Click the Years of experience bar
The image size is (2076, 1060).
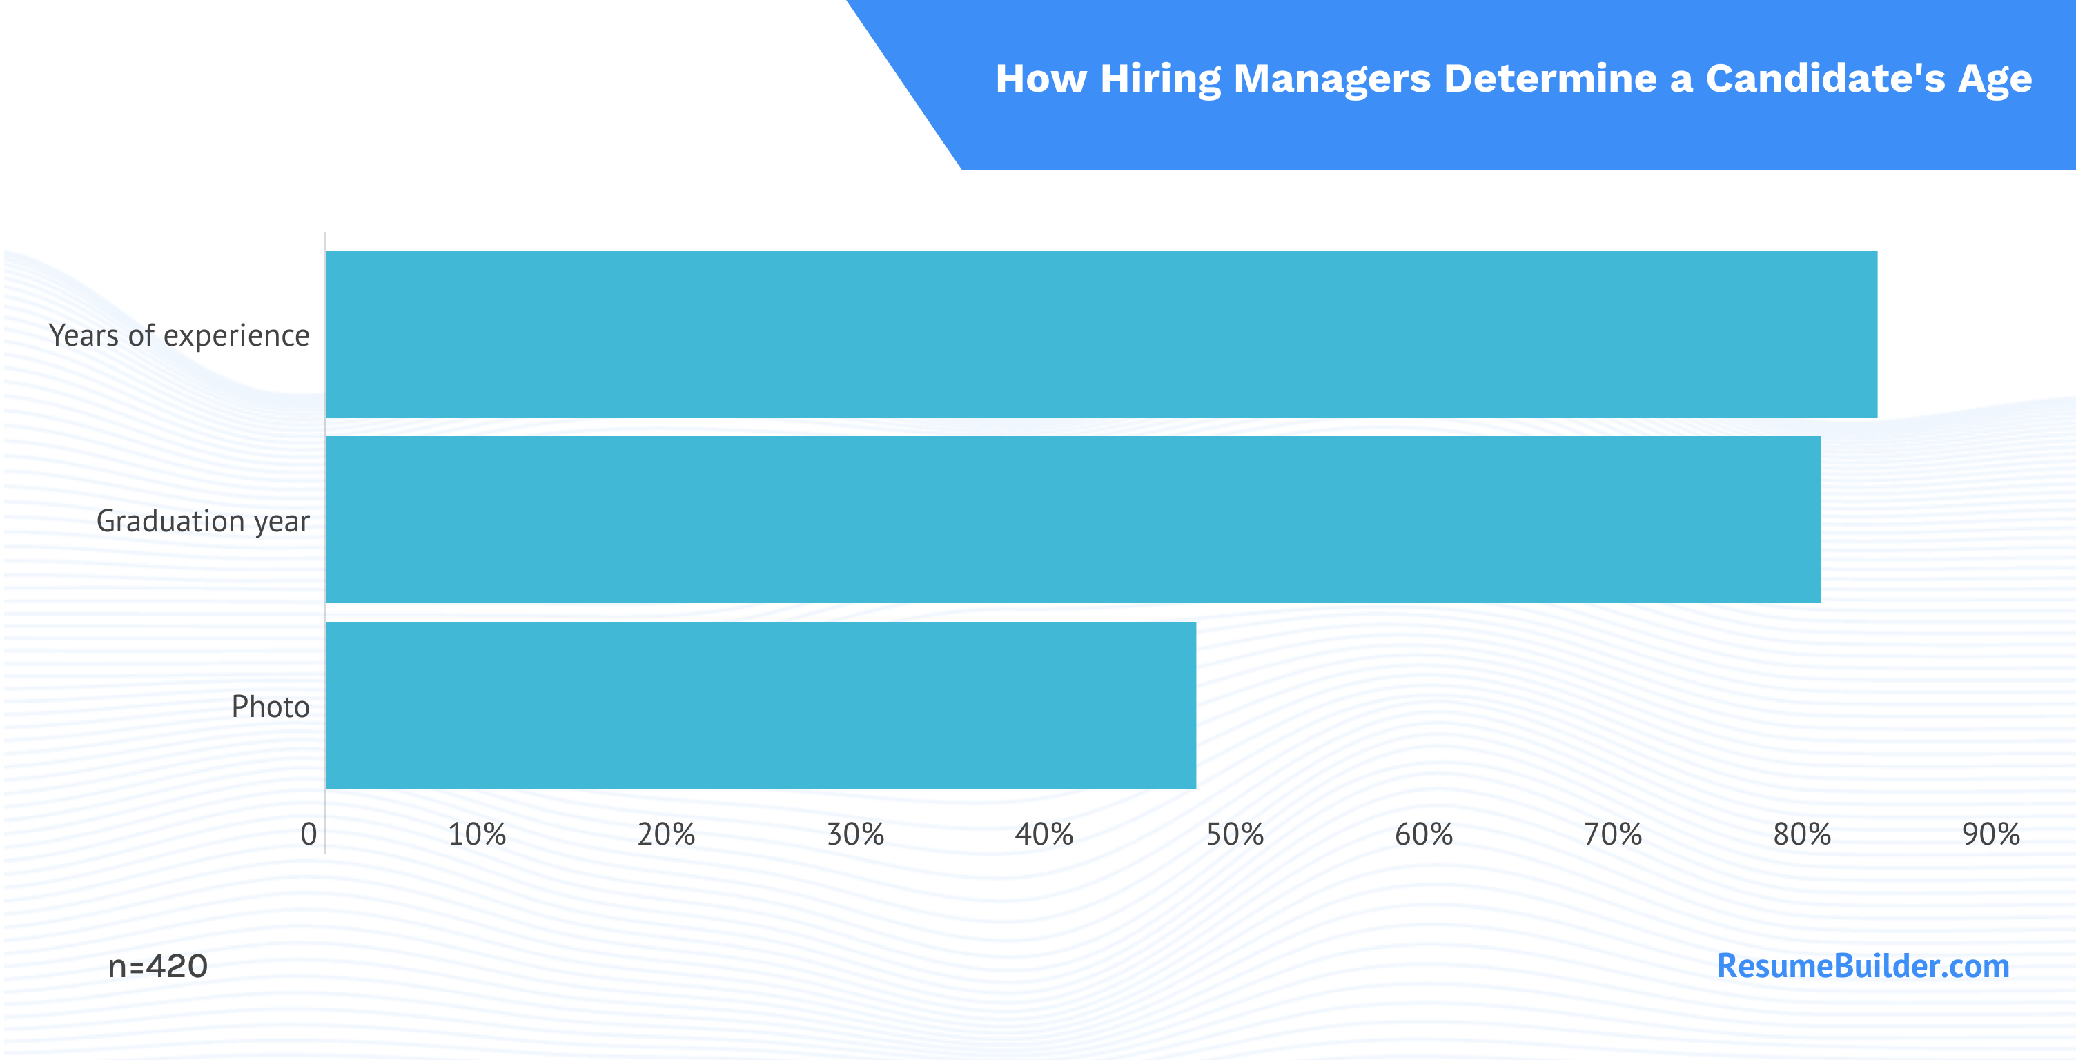click(1101, 334)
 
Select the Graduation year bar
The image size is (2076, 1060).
click(1073, 519)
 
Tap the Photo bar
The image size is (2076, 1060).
click(761, 705)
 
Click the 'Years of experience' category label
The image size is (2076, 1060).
click(179, 335)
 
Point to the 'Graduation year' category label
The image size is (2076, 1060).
click(203, 522)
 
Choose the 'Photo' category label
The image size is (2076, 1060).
click(270, 706)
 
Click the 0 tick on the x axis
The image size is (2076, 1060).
click(309, 834)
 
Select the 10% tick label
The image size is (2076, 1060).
click(477, 834)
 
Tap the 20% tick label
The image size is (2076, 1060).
click(667, 834)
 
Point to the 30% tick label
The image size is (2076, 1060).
click(856, 834)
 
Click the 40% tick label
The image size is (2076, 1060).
click(1044, 834)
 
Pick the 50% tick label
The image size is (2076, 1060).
click(1235, 834)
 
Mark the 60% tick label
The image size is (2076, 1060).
click(1424, 834)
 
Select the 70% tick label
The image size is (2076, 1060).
click(1614, 834)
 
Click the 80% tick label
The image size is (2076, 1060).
click(1802, 834)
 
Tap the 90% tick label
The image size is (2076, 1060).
click(1991, 834)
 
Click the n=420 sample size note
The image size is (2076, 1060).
click(158, 965)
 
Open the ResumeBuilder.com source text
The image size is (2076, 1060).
click(1863, 965)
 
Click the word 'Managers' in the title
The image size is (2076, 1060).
click(1332, 79)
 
